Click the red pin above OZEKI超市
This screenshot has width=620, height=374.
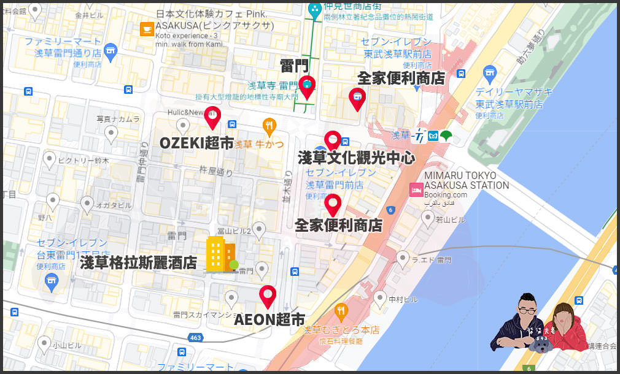(x=212, y=116)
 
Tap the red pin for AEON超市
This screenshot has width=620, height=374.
(x=268, y=296)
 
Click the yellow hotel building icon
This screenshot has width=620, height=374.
(x=220, y=254)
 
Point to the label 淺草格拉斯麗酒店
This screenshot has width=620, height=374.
(x=139, y=263)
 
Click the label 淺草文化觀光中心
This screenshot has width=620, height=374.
(x=356, y=158)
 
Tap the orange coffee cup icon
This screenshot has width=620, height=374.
(x=147, y=29)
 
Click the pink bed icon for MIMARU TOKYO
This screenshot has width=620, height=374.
(x=416, y=189)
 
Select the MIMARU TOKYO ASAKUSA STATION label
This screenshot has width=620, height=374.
(x=467, y=180)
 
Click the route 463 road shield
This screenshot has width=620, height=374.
(x=196, y=337)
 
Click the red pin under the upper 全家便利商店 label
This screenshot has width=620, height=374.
(x=357, y=98)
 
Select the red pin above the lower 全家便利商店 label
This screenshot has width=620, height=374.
(x=333, y=204)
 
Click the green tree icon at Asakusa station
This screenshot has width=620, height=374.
(x=446, y=135)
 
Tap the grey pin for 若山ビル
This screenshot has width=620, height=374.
(x=428, y=217)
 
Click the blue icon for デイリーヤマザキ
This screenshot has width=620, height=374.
(x=489, y=72)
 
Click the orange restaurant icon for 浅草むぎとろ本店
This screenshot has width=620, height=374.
(x=342, y=313)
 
